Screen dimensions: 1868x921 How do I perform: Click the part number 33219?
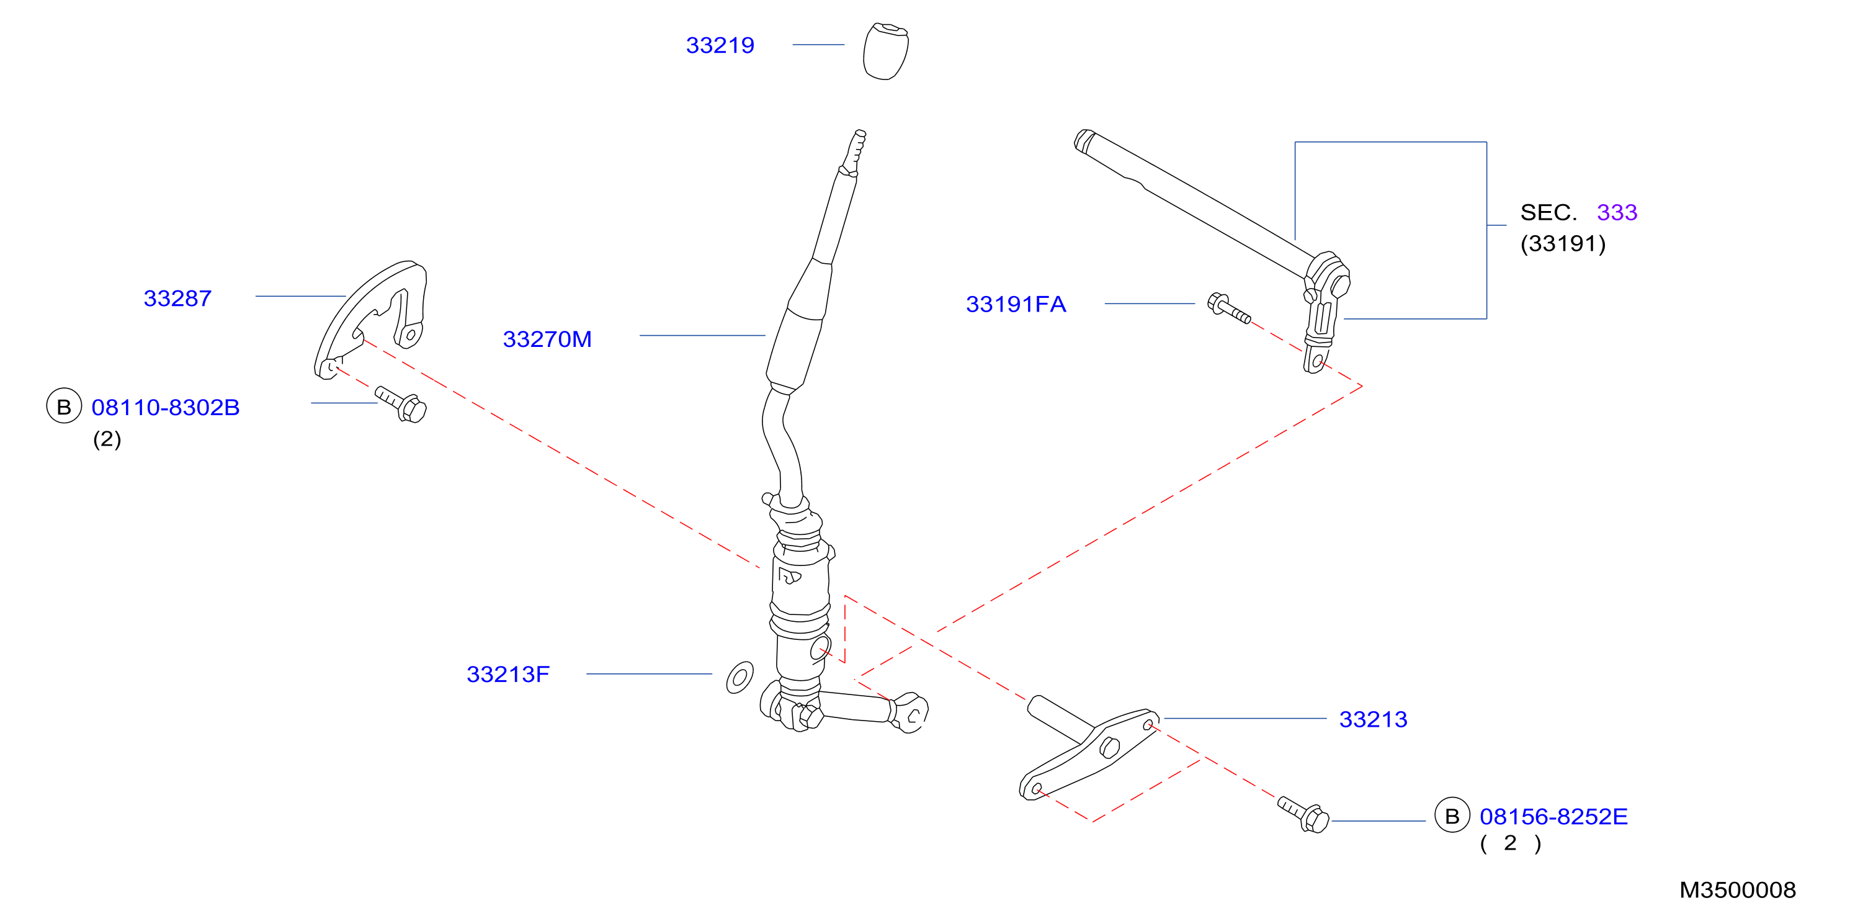click(720, 45)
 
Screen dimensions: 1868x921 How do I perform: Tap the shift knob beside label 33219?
click(885, 51)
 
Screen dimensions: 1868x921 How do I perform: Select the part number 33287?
click(177, 298)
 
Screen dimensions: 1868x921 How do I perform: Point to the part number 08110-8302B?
click(166, 408)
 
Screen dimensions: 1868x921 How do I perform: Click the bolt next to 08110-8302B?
click(401, 403)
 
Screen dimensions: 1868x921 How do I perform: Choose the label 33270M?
click(547, 339)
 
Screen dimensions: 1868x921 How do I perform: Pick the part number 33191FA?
click(1016, 304)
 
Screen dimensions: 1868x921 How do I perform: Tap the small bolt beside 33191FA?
click(1228, 308)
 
